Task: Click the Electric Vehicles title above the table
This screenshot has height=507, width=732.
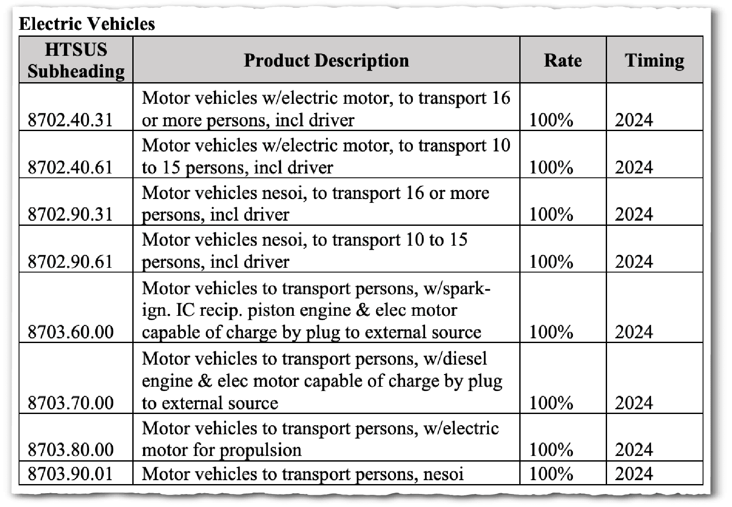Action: click(87, 23)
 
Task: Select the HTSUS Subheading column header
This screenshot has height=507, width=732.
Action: click(76, 60)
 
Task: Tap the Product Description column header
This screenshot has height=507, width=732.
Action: click(326, 60)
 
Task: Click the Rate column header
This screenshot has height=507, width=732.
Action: click(563, 60)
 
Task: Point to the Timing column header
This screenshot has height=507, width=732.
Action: click(654, 60)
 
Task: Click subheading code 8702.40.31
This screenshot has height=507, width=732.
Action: click(70, 120)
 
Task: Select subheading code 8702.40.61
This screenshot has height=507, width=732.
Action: click(70, 167)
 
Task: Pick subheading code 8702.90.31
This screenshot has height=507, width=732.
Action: click(70, 215)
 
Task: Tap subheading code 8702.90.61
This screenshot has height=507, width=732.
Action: click(70, 262)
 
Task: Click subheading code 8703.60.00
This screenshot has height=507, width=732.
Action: click(70, 332)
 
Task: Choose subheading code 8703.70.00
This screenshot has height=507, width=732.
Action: click(70, 403)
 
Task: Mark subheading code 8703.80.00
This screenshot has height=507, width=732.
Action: click(70, 450)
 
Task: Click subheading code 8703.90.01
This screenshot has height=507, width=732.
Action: click(70, 474)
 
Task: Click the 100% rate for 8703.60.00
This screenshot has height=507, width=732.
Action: click(551, 332)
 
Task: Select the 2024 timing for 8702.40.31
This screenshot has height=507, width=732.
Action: click(634, 120)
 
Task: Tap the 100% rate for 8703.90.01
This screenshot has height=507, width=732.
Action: click(551, 474)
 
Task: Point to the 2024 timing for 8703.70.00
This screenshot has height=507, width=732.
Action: click(634, 403)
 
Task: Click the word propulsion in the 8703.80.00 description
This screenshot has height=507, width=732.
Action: click(261, 450)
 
